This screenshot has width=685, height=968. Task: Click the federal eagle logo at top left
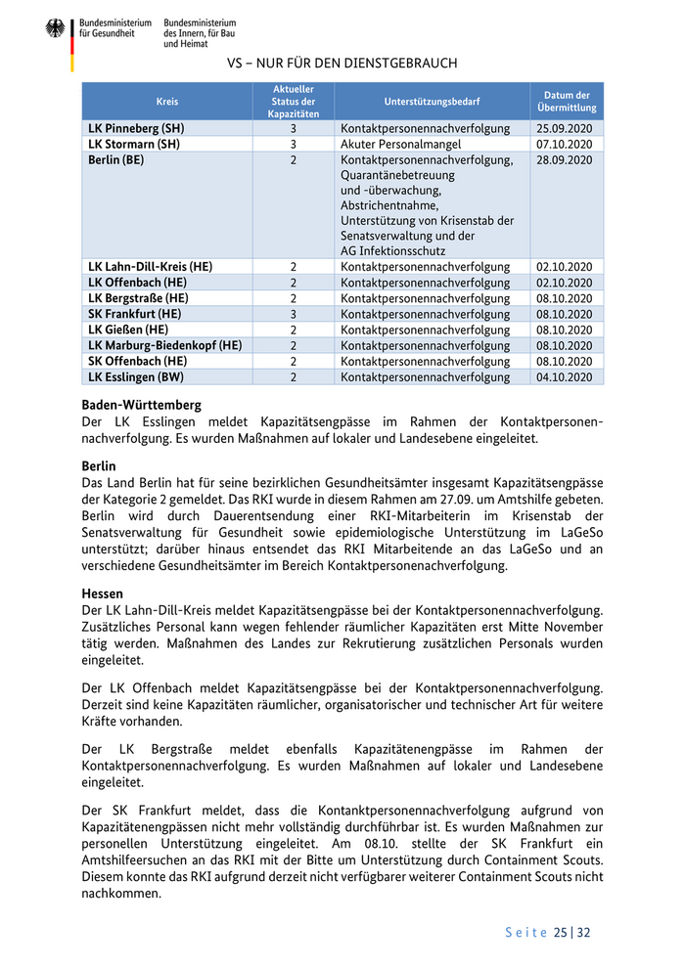pos(55,29)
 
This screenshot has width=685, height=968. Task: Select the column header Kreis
pos(167,102)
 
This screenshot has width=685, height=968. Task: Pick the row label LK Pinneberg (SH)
pos(136,128)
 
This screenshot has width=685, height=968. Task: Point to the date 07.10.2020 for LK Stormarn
pos(565,144)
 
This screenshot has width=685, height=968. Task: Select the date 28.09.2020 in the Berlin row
pos(565,159)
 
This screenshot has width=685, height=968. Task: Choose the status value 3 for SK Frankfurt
pos(293,314)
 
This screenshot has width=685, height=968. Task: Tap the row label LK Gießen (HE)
pos(128,330)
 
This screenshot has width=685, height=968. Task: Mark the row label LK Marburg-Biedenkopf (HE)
pos(164,345)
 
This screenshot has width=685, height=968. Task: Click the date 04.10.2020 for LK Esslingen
pos(565,376)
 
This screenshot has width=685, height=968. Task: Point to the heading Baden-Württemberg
pos(142,404)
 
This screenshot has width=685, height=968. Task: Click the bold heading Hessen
pos(103,594)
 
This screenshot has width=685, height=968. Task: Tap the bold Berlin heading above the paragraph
pos(99,466)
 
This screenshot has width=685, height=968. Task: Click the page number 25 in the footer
pos(560,932)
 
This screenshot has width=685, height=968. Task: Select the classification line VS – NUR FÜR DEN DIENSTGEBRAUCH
pos(342,64)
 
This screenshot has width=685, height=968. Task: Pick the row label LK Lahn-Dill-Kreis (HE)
pos(151,266)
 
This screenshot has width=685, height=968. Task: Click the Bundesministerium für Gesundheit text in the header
pos(115,27)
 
